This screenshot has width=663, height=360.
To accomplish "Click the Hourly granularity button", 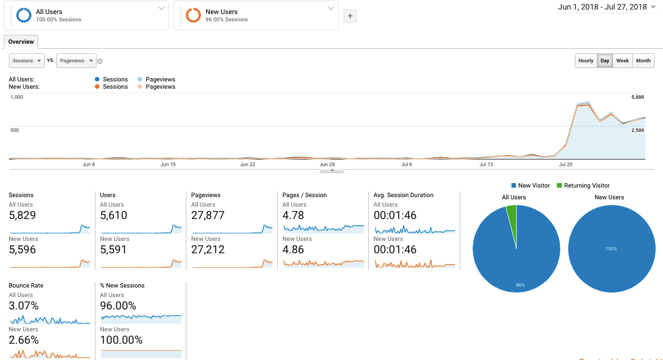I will pos(586,61).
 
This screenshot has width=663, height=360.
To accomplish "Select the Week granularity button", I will pos(622,61).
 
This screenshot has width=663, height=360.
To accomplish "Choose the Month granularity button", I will pos(643,61).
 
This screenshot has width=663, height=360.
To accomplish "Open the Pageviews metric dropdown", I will pos(76,61).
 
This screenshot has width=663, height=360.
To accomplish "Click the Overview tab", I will pos(21,42).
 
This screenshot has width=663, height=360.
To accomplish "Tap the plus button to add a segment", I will pos(350,16).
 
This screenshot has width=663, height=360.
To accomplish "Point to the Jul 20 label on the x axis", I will pos(566,165).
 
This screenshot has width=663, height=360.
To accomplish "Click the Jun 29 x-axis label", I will pos(327,165).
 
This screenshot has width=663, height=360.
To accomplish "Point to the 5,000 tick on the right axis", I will pos(637,97).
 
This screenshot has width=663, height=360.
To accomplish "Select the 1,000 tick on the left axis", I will pos(17,97).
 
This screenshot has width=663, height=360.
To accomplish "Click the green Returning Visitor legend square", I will pos(559,185).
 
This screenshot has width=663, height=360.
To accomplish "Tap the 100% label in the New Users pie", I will pos(611,249).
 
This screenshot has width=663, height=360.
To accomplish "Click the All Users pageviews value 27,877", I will pos(208,215).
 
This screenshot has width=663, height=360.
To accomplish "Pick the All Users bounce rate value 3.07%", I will pos(24,306).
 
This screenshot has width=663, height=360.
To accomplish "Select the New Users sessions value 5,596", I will pos(22,249).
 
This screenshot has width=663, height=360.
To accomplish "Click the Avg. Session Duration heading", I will pos(404,195).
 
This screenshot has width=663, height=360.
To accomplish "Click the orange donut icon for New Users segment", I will pos(193,15).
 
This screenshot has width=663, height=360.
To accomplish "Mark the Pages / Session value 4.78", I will pos(293,215).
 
